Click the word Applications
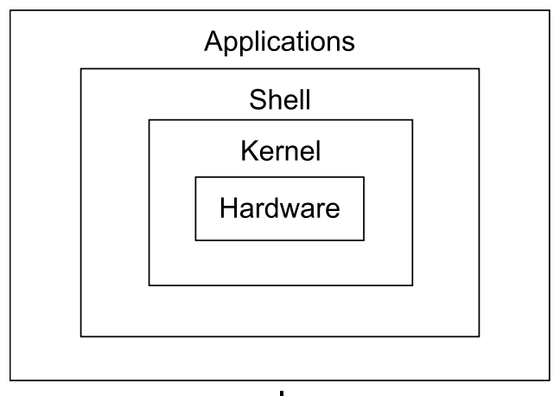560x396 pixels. [x=279, y=41]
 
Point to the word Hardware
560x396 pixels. [x=279, y=208]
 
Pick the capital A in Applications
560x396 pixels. [x=213, y=41]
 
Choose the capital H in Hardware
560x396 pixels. [x=226, y=208]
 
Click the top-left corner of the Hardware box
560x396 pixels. [x=195, y=177]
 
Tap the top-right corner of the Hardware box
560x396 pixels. [x=364, y=177]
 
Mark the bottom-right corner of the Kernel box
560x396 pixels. [x=412, y=284]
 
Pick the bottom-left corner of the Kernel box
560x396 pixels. [x=149, y=284]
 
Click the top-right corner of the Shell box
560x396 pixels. [x=479, y=68]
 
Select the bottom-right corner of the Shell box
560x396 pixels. [x=479, y=335]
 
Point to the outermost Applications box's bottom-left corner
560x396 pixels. [x=11, y=380]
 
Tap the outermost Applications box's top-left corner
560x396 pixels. [x=11, y=10]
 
